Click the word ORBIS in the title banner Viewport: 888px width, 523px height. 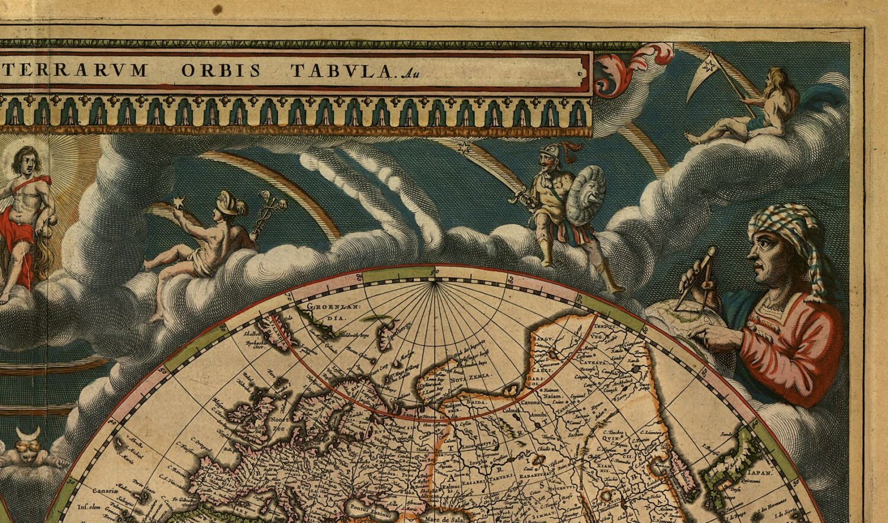(220, 70)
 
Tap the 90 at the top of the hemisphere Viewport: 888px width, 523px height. (436, 271)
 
